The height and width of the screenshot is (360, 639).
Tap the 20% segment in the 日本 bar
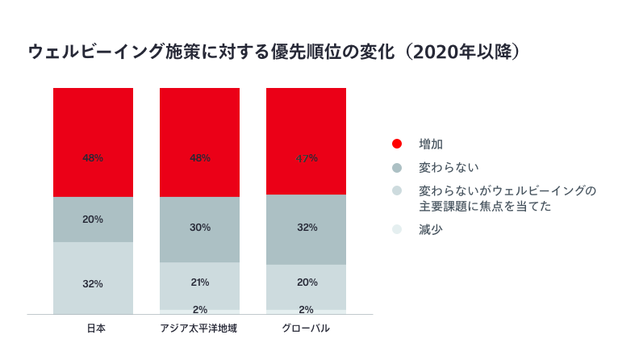pyautogui.click(x=93, y=220)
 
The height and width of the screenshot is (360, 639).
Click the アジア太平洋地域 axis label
pyautogui.click(x=199, y=329)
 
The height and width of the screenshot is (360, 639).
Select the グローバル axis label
pyautogui.click(x=306, y=329)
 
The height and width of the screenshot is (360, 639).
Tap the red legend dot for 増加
pyautogui.click(x=396, y=144)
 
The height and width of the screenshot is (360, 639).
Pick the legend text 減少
pyautogui.click(x=431, y=230)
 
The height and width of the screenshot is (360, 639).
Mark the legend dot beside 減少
pyautogui.click(x=396, y=230)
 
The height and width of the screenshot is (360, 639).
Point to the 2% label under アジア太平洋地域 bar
pyautogui.click(x=199, y=309)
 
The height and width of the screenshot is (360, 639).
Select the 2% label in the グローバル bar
pyautogui.click(x=306, y=309)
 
